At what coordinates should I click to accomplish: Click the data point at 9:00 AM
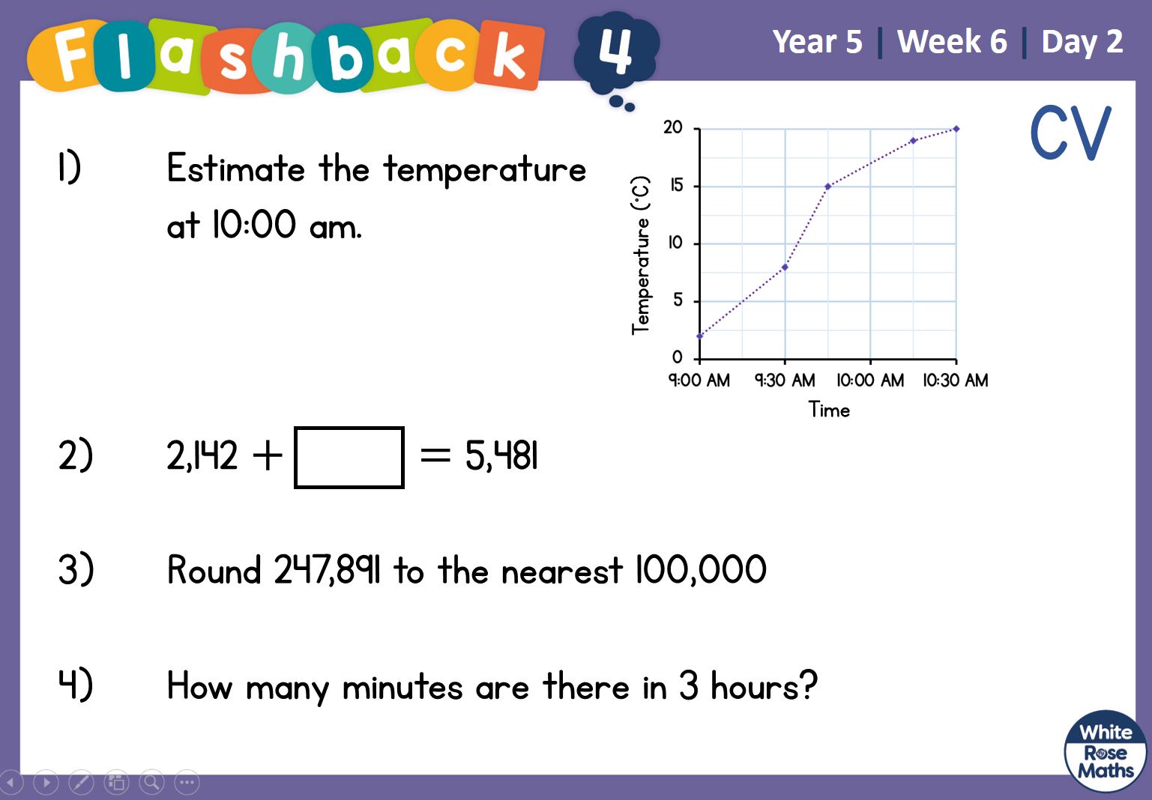point(700,336)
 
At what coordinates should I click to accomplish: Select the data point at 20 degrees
point(956,129)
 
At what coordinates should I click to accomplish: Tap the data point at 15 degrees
point(828,186)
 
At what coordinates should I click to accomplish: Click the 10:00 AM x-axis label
point(870,381)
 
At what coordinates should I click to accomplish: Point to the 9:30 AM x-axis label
point(785,381)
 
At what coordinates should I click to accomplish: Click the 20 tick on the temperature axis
point(672,127)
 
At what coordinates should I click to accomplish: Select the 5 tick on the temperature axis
point(678,300)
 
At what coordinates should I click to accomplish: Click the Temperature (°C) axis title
point(641,255)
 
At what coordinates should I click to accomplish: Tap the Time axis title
point(829,410)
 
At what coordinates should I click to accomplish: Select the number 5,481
point(501,455)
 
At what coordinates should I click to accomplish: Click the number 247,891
point(327,570)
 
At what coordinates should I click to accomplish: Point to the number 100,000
point(701,570)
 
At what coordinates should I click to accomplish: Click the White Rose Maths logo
point(1106,751)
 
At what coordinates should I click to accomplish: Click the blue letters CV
point(1071,133)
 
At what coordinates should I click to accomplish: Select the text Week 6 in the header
point(952,41)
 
